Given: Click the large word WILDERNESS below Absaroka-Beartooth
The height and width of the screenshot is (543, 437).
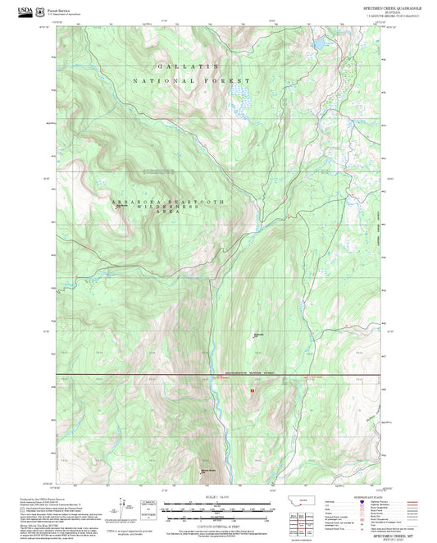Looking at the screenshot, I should tap(166, 208).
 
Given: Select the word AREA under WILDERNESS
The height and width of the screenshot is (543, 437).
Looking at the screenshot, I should tap(166, 215).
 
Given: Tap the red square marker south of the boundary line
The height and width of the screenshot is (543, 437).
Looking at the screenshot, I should tap(253, 391).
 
